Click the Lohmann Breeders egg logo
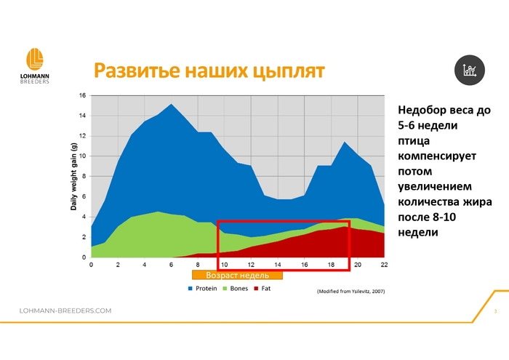[x=35, y=59]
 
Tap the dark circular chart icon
[x=470, y=70]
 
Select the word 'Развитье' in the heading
[x=137, y=70]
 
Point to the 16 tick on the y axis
[x=82, y=95]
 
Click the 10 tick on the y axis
[x=82, y=156]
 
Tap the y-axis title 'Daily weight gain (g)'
[x=73, y=177]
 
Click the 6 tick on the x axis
[x=171, y=265]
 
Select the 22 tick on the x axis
[x=384, y=265]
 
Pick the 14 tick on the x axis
[x=278, y=265]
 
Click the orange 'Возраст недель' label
[x=237, y=276]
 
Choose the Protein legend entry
[x=202, y=289]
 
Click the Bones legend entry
[x=236, y=289]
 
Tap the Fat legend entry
[x=262, y=289]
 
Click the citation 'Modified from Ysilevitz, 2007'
[x=351, y=292]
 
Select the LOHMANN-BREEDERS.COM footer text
[x=65, y=311]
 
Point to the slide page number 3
[x=495, y=311]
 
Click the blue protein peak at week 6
[x=171, y=104]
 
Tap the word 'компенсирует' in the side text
[x=437, y=156]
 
